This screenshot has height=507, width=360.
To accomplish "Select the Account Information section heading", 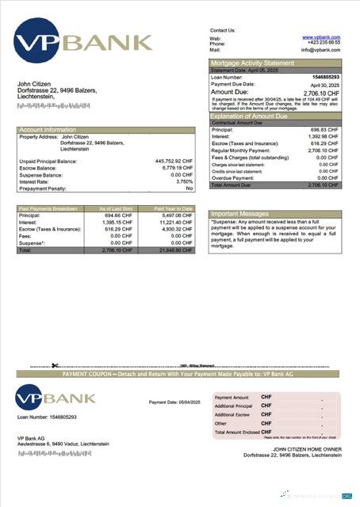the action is [48, 129].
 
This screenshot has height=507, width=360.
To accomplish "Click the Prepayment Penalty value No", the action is [189, 188].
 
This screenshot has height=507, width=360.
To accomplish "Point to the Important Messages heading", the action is [241, 214].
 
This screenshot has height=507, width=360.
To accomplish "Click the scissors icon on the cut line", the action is [52, 365].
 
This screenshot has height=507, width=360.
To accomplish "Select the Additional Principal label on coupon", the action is [233, 406].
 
